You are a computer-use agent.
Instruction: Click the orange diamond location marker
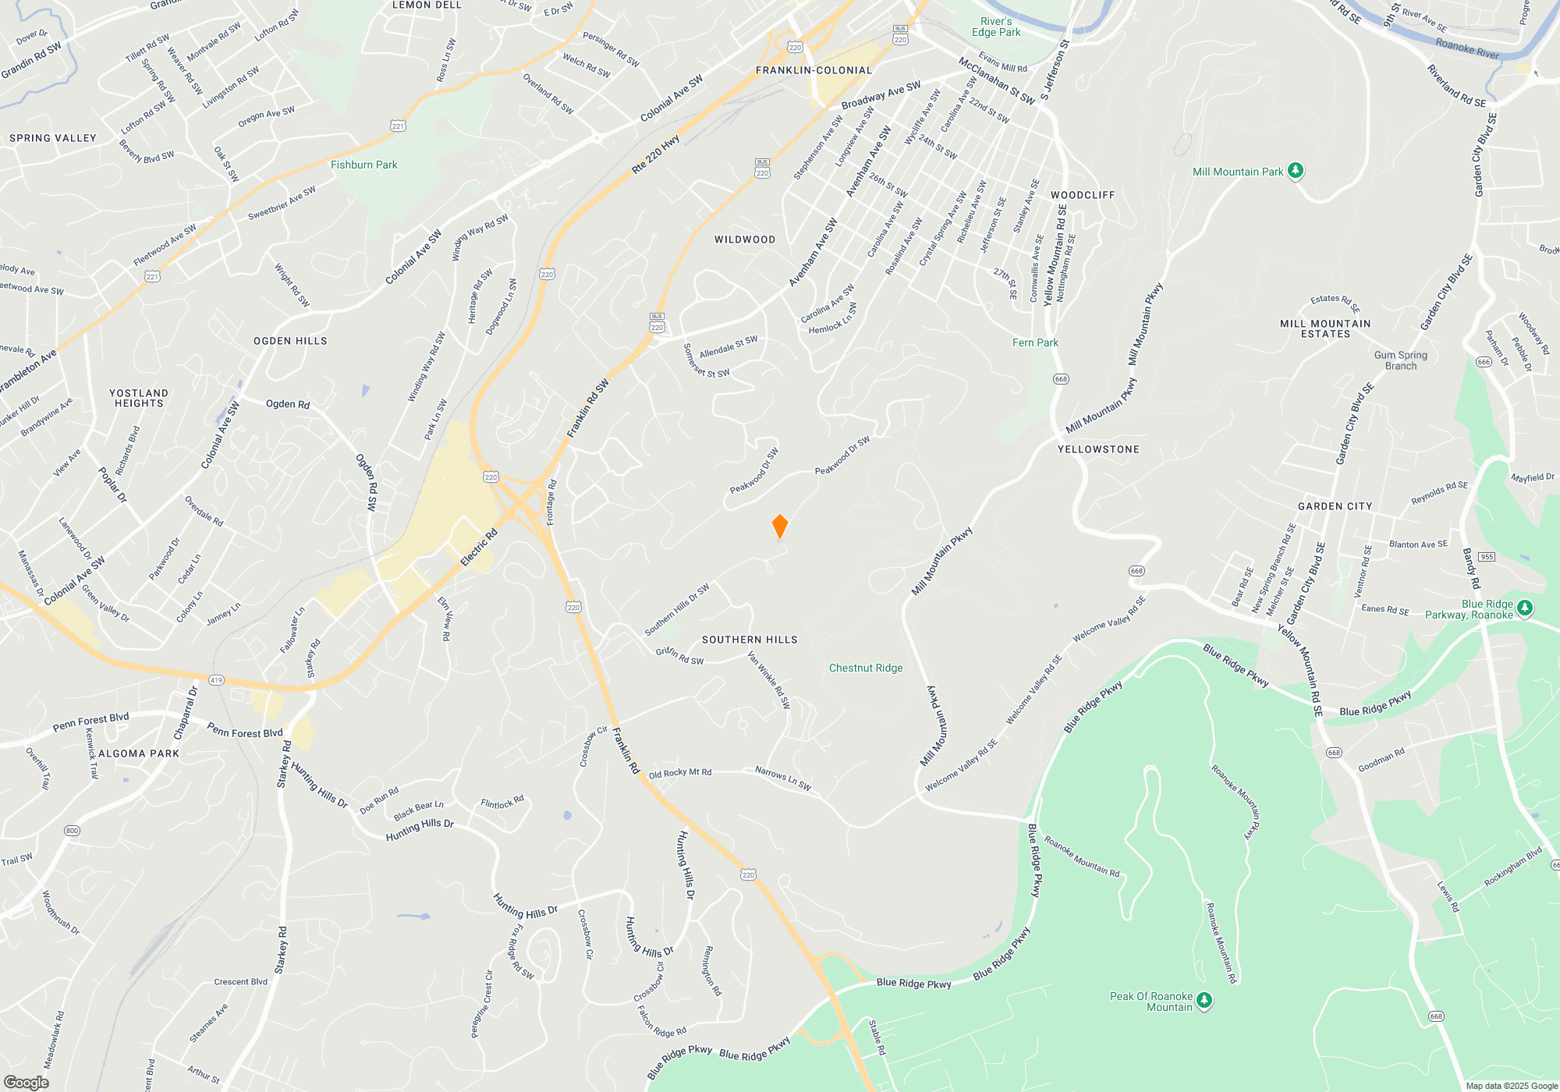779,526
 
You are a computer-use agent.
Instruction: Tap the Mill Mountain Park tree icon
1296,171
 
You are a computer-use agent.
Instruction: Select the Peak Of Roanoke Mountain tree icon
1204,1000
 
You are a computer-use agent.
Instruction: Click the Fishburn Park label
363,165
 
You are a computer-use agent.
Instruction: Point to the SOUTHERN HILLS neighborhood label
750,640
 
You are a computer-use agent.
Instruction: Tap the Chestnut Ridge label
866,668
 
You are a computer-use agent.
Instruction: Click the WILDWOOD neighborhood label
745,239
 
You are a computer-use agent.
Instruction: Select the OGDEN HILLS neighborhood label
290,341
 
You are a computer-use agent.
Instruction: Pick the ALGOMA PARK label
139,753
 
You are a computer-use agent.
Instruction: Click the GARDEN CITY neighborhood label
1335,506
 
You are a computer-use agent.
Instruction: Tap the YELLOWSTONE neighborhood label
1098,449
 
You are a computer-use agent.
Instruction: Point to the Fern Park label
1035,342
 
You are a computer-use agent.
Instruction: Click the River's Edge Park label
996,27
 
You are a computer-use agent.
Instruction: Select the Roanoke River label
1467,48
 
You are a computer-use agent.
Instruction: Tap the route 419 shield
216,680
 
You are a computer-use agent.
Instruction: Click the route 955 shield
1487,557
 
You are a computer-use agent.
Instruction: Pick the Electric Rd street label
479,548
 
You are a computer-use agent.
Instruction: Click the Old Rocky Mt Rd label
679,773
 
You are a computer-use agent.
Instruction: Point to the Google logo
26,1082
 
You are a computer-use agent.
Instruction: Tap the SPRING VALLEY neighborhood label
53,138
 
